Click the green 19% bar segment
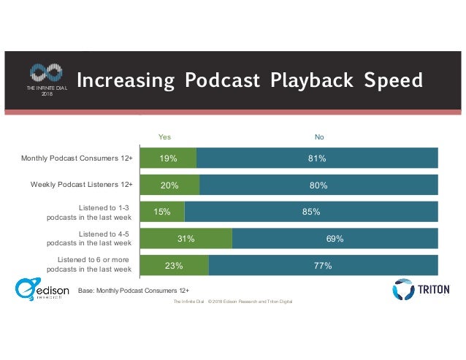point(167,158)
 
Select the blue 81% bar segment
point(317,158)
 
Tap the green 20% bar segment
point(169,185)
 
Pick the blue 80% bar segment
point(318,185)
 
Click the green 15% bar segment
point(162,212)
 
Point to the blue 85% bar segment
point(311,212)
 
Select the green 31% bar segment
point(186,239)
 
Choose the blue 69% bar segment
point(335,239)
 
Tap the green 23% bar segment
point(174,266)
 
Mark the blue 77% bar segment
point(323,266)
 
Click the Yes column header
point(165,136)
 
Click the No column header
point(319,136)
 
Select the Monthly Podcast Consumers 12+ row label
point(77,158)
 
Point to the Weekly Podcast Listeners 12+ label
point(81,185)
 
